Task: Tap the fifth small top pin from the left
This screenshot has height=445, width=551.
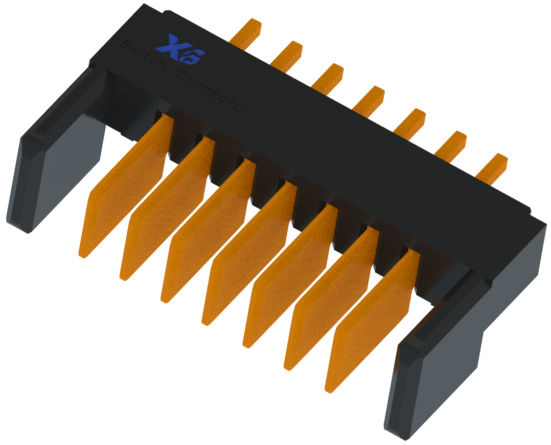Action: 410,122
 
